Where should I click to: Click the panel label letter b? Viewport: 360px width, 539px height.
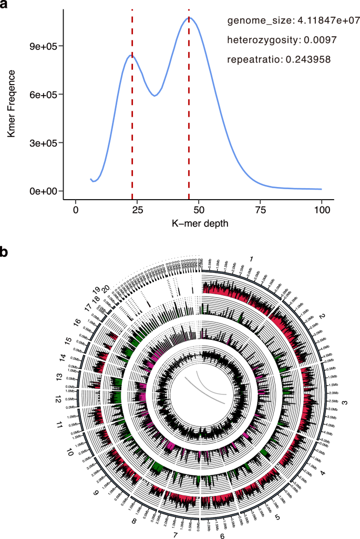(5, 252)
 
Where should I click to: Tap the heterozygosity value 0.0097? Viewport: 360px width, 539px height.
(314, 40)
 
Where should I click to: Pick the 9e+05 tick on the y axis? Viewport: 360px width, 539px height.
(45, 46)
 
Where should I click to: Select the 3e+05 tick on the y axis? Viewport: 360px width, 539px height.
(45, 143)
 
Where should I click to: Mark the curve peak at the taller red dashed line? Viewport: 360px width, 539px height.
(189, 18)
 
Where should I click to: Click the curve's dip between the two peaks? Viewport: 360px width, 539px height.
(154, 96)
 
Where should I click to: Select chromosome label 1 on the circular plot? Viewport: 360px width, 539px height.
(252, 259)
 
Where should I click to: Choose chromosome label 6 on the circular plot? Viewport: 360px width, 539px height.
(222, 532)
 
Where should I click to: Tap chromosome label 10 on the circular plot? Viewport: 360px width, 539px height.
(69, 451)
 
